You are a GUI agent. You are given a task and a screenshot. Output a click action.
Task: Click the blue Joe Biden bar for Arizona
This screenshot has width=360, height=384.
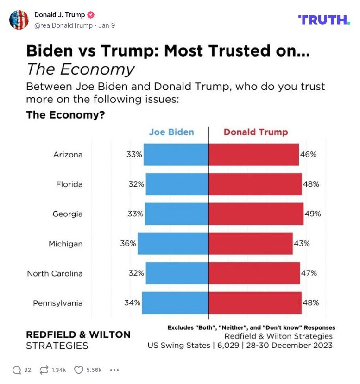[176, 154]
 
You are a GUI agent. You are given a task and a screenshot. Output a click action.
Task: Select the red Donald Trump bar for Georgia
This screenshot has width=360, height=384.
[256, 214]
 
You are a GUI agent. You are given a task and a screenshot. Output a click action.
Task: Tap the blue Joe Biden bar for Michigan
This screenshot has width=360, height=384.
[173, 243]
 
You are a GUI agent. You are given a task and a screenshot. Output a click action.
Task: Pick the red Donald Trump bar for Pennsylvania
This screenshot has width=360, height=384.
[255, 302]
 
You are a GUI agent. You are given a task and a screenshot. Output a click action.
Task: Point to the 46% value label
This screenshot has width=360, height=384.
[308, 154]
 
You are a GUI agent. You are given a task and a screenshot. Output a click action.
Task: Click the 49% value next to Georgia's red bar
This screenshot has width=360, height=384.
[313, 214]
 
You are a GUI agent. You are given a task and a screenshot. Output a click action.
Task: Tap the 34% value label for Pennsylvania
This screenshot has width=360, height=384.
[132, 302]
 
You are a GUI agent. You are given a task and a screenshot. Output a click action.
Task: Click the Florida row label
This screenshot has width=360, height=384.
[69, 184]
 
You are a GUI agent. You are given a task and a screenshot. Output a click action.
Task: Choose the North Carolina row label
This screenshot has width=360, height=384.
[55, 273]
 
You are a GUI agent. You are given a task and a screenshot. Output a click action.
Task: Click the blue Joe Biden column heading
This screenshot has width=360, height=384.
[171, 132]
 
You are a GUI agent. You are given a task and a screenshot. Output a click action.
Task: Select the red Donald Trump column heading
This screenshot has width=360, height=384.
[256, 132]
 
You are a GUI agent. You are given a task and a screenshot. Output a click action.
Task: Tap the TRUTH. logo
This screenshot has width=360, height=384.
[324, 19]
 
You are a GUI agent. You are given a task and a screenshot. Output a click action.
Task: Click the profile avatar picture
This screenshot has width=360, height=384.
[19, 19]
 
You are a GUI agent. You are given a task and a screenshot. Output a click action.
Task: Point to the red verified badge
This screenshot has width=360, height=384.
[91, 15]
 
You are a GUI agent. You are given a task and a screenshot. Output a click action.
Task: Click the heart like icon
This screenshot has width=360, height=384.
[78, 370]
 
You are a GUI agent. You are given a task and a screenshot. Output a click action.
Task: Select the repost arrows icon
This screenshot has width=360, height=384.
[44, 370]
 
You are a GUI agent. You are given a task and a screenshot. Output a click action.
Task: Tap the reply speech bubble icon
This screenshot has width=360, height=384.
[17, 370]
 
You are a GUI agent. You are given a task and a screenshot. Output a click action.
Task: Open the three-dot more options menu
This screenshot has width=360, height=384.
[114, 370]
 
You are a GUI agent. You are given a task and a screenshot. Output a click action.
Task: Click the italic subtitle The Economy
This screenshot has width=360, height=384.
[80, 69]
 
